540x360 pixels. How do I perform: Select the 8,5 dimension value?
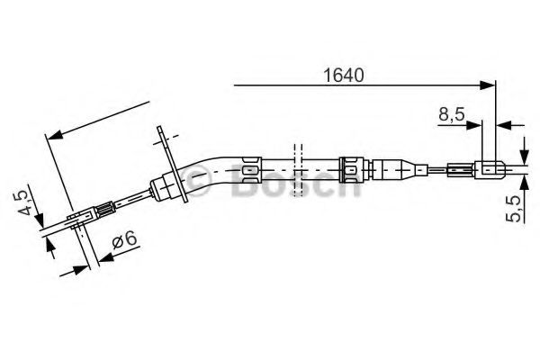point(452,115)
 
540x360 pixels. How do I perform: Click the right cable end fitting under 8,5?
point(487,166)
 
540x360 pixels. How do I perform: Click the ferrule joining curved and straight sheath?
point(249,167)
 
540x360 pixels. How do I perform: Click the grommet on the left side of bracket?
point(163,186)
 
